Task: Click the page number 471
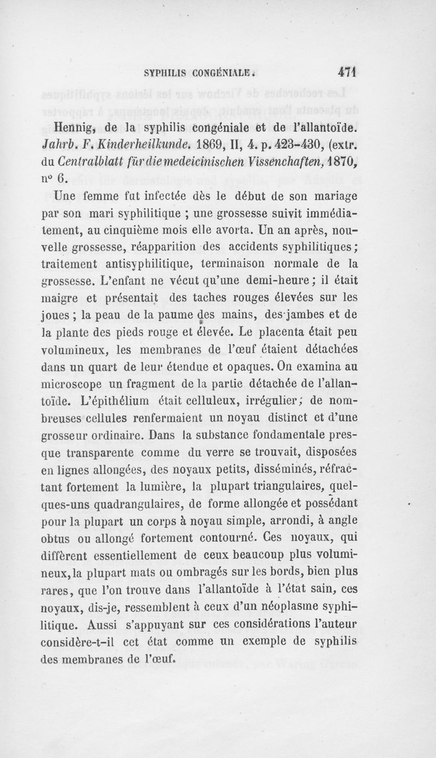[346, 72]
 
